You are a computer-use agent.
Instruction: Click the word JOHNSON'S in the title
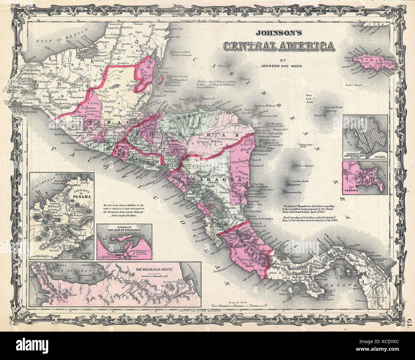(x=278, y=33)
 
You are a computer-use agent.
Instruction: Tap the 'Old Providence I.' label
(x=305, y=166)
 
